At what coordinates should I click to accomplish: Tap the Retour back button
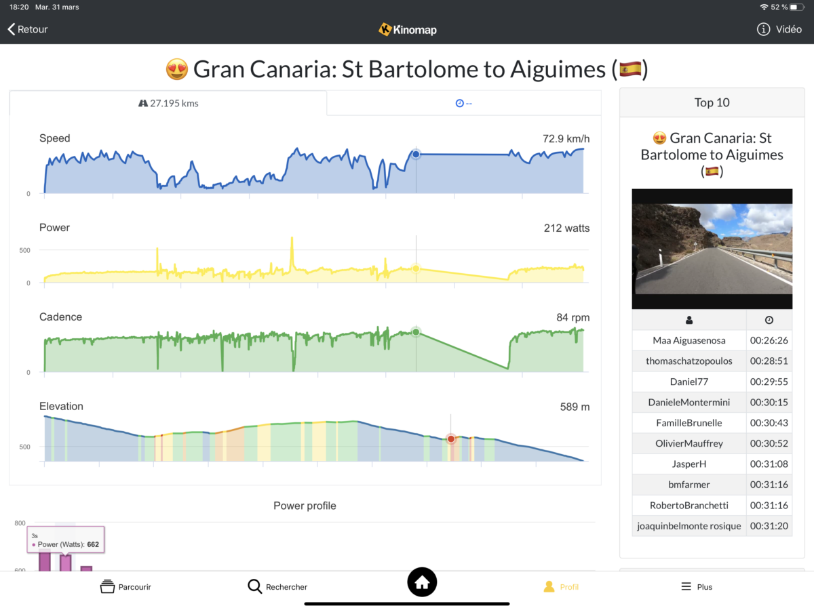click(28, 29)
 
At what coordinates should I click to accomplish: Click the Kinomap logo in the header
click(407, 29)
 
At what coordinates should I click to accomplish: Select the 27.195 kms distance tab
click(168, 103)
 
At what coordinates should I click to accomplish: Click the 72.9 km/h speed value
click(566, 138)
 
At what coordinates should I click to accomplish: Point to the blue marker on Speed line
click(416, 155)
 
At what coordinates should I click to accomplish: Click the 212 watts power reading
click(566, 228)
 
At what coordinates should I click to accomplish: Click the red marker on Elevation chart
click(450, 439)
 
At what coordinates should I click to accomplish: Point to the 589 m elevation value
click(575, 407)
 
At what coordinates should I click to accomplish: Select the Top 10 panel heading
click(712, 102)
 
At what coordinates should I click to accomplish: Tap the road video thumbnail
click(712, 249)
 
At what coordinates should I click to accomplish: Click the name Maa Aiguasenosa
click(689, 340)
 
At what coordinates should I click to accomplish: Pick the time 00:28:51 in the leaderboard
click(769, 361)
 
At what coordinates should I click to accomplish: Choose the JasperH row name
click(689, 464)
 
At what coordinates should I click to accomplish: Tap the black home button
click(422, 582)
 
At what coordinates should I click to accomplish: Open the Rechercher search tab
click(277, 586)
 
